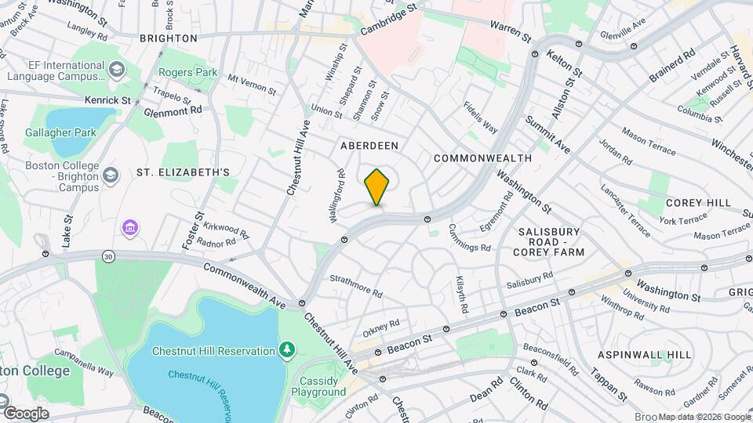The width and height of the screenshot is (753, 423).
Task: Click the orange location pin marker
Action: point(376,186)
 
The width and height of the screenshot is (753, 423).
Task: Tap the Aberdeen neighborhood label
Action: point(369,146)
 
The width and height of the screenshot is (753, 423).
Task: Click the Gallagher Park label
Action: point(60,132)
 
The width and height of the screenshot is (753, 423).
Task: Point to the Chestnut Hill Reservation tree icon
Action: point(288,349)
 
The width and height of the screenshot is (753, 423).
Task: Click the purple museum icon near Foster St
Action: point(130,228)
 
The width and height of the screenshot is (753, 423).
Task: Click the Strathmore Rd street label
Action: point(355,286)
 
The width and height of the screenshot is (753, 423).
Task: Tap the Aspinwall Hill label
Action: point(645,355)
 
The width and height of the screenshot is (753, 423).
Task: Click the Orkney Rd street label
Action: point(381,324)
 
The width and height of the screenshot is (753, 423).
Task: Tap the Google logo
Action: point(25,413)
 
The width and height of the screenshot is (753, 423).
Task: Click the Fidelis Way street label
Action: point(480,116)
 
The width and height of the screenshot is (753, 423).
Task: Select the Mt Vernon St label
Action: point(252,85)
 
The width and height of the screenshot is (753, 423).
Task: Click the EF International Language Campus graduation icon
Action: point(115,69)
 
